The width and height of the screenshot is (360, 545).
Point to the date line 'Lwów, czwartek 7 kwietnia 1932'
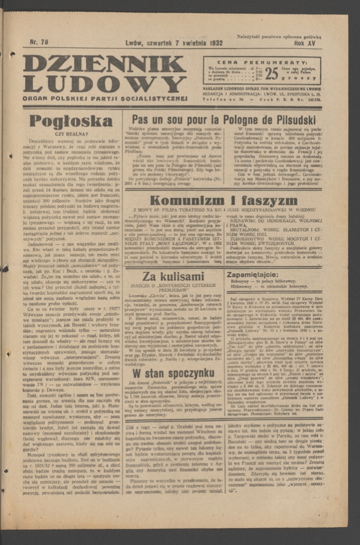pos(174,44)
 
